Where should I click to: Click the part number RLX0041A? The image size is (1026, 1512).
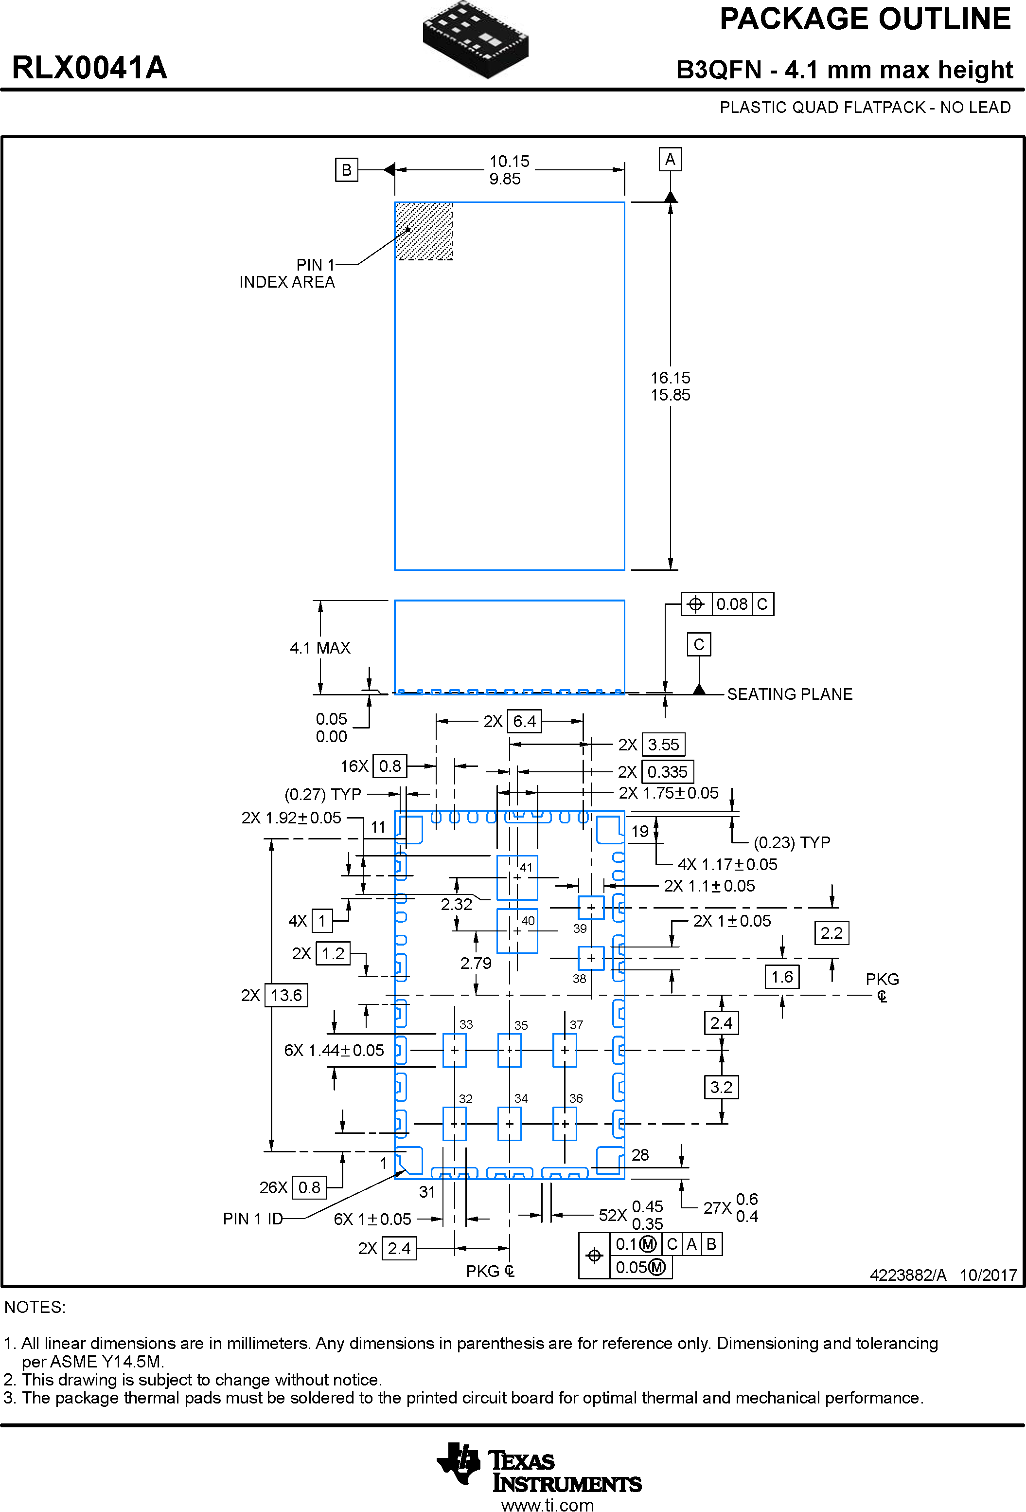[90, 68]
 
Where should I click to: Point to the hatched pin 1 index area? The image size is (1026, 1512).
[424, 231]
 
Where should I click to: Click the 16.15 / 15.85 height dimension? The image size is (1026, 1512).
[671, 386]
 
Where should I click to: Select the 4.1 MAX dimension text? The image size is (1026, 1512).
[320, 648]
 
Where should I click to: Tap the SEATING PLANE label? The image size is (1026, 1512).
[789, 694]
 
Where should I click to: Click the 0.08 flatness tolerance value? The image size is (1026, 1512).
[731, 604]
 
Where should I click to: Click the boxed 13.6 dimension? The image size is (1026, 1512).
[286, 995]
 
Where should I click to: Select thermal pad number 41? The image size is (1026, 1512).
[517, 877]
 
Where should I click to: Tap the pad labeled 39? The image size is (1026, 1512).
[591, 908]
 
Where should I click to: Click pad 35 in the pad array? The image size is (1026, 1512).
[510, 1050]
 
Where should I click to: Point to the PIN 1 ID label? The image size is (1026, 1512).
[253, 1219]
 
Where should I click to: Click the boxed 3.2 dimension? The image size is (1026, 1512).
[721, 1087]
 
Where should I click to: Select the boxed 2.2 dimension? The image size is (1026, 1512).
[831, 933]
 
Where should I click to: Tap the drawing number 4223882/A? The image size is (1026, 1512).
[908, 1275]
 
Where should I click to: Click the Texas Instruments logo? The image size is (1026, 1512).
[539, 1472]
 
